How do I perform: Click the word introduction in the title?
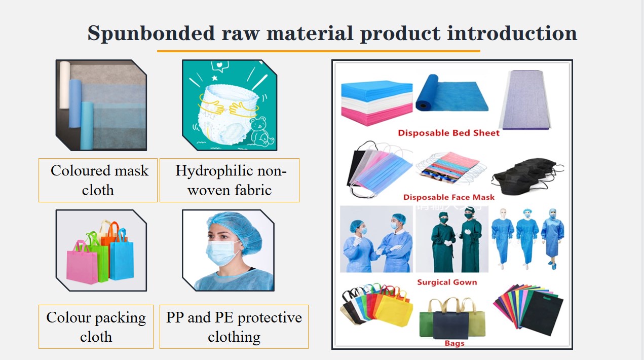[x=512, y=33]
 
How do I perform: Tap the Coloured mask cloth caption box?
[x=98, y=180]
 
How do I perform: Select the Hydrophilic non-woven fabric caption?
[x=230, y=180]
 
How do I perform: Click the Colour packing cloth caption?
[x=96, y=327]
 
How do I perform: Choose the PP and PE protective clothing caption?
[x=234, y=327]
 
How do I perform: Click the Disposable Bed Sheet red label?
[x=448, y=133]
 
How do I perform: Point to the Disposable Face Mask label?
[x=449, y=197]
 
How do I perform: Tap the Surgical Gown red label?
[x=447, y=282]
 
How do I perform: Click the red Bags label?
[x=454, y=343]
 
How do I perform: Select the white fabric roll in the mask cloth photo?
[x=65, y=85]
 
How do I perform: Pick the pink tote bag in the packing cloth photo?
[x=82, y=263]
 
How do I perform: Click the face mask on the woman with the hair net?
[x=222, y=253]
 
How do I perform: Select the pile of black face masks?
[x=527, y=175]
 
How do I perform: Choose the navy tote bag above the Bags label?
[x=450, y=322]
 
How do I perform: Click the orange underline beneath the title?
[x=319, y=51]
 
